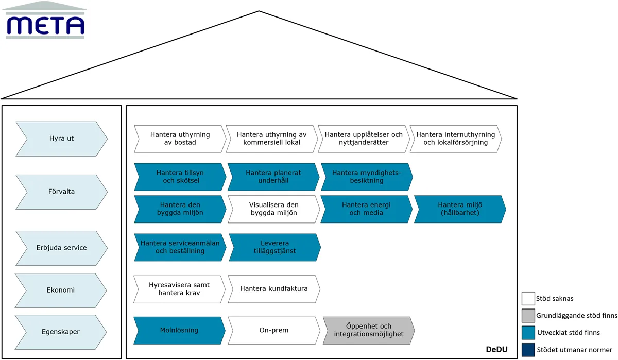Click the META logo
point(44,20)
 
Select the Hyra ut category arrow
point(61,139)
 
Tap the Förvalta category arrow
point(61,192)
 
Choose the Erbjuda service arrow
point(61,248)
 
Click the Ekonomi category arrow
point(61,290)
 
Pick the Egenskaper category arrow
point(61,332)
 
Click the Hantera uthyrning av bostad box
point(180,139)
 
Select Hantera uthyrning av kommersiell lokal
point(272,139)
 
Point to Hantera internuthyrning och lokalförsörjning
point(456,139)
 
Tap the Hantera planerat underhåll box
point(273,177)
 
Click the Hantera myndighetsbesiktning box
point(367,177)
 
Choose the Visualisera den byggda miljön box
point(274,209)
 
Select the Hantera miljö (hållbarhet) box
point(460,209)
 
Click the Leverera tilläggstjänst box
point(275,247)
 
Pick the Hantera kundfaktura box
point(274,289)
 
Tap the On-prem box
point(274,331)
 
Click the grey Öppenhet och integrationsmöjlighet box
point(369,331)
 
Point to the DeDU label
point(496,350)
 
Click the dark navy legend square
point(528,350)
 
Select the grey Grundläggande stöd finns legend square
point(528,316)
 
